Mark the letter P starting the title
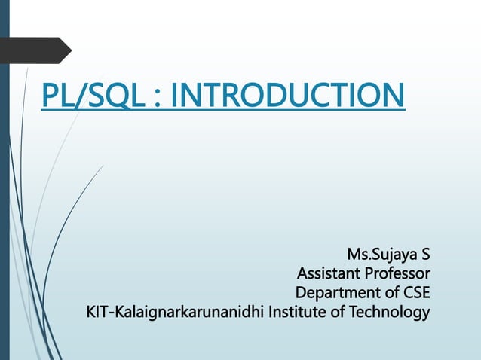pos(51,96)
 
